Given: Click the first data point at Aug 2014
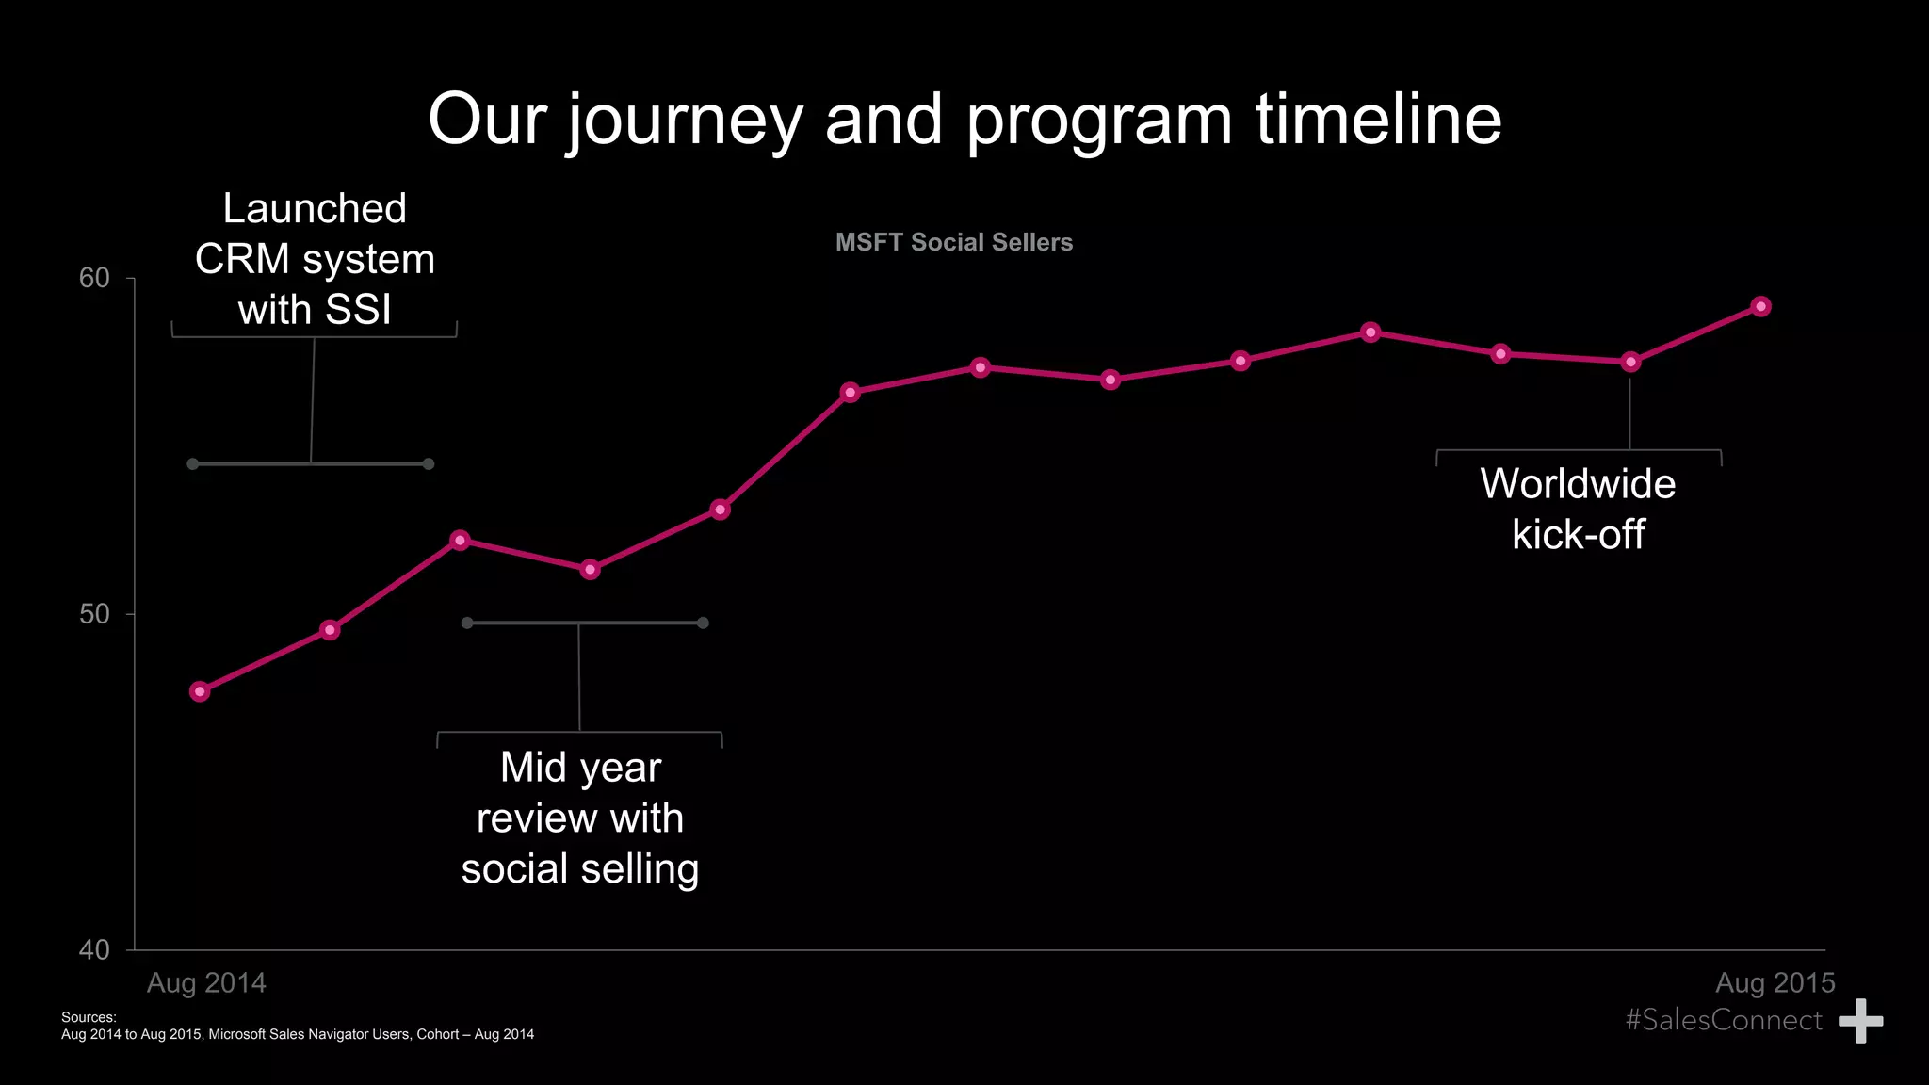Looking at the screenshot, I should [x=199, y=691].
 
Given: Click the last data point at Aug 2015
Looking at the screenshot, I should [x=1760, y=306].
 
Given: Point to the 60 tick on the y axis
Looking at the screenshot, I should [x=94, y=279].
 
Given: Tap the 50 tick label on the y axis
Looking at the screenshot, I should [x=94, y=614].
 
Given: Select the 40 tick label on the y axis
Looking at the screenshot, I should [x=94, y=950].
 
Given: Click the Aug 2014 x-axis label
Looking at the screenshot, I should [x=206, y=983].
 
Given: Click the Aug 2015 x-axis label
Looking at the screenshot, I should [x=1775, y=983].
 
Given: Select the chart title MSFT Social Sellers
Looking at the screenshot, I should [x=953, y=243].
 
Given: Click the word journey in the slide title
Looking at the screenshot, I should [x=685, y=121].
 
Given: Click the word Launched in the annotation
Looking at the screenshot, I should [x=315, y=208].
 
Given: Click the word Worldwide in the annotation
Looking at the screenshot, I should [x=1578, y=484].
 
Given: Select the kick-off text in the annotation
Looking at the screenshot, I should [x=1578, y=535].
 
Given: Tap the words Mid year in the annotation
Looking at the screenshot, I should [x=580, y=768].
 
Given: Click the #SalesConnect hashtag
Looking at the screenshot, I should [x=1723, y=1020].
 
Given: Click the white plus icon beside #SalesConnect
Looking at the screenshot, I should [x=1860, y=1021].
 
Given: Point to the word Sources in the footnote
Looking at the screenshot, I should [x=88, y=1017].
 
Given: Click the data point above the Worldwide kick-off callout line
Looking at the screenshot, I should [x=1630, y=362].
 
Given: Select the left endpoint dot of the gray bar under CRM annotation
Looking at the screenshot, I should [x=192, y=464].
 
